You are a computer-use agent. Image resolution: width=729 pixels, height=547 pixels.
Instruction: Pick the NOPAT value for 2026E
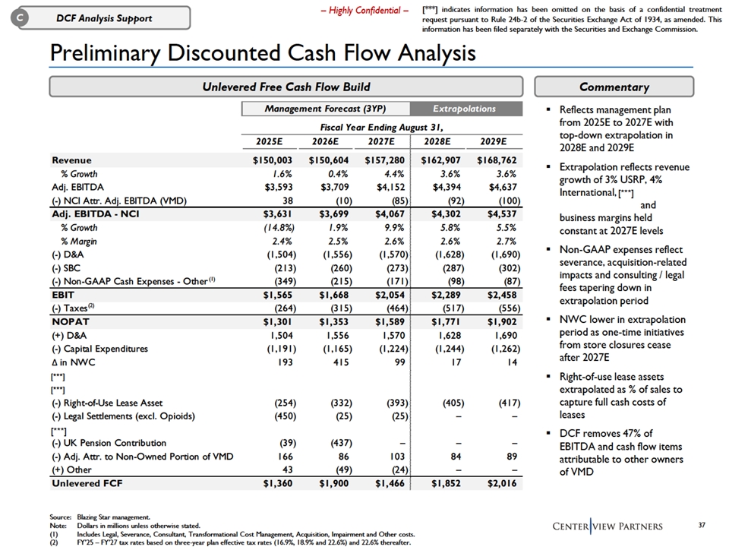[329, 322]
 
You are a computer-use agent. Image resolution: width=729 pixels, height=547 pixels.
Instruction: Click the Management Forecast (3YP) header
[325, 109]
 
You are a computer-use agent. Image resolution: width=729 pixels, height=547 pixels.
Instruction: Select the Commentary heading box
[614, 87]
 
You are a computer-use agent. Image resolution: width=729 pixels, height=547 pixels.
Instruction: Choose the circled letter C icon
[22, 17]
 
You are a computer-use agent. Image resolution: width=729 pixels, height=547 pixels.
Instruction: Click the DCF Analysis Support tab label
[108, 17]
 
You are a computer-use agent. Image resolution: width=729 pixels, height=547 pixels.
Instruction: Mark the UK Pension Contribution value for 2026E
[332, 443]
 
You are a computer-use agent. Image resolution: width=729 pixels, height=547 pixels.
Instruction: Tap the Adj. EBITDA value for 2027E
[387, 187]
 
